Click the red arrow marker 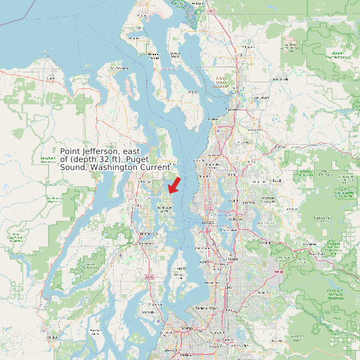tap(175, 185)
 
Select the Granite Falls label tap(280, 78)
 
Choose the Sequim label tap(50, 78)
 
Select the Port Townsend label tap(119, 68)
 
